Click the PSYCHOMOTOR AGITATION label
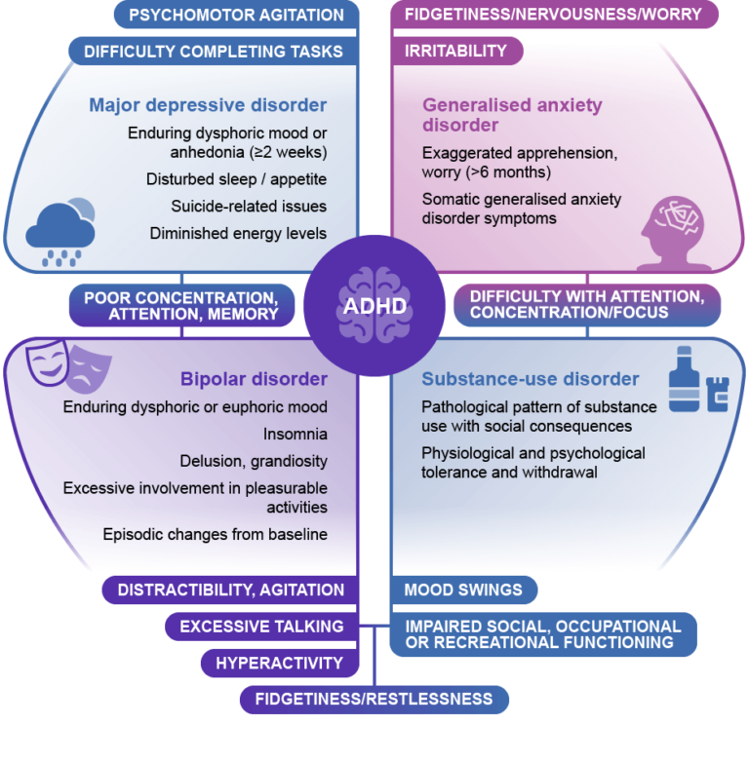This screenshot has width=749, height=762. pos(237,15)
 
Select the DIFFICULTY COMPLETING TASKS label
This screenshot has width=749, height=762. pos(214,51)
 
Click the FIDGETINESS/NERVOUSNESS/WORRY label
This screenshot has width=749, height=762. pos(553,15)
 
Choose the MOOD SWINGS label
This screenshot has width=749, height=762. pos(463,590)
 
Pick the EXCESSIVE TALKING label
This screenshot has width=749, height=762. pos(261,627)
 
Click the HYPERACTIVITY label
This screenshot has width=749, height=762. pos(279,664)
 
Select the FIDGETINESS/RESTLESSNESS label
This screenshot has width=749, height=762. pos(374,700)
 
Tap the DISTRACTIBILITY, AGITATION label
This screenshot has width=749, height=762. pos(230,590)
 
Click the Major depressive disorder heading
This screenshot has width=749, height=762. pos(208,105)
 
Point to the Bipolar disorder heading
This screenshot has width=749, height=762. pos(254,378)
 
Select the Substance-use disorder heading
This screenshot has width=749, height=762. pos(531,378)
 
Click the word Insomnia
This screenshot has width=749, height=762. pos(296,434)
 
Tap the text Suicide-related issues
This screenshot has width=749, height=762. pos(237,206)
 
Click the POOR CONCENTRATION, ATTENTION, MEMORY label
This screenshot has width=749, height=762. pos(180,305)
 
